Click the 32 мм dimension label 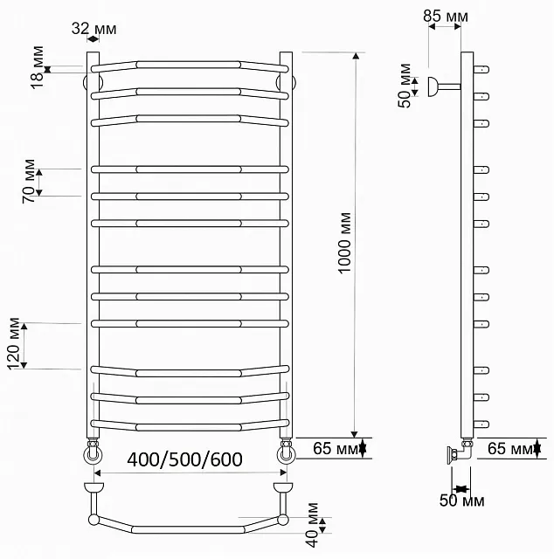pyautogui.click(x=93, y=29)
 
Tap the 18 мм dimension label pyautogui.click(x=37, y=67)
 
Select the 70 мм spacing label pyautogui.click(x=29, y=181)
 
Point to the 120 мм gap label pyautogui.click(x=14, y=343)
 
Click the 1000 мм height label pyautogui.click(x=344, y=243)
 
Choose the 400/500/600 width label pyautogui.click(x=184, y=459)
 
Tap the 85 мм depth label pyautogui.click(x=446, y=16)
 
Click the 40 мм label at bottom pyautogui.click(x=312, y=525)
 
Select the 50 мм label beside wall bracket pyautogui.click(x=405, y=86)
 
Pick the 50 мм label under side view pyautogui.click(x=461, y=500)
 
